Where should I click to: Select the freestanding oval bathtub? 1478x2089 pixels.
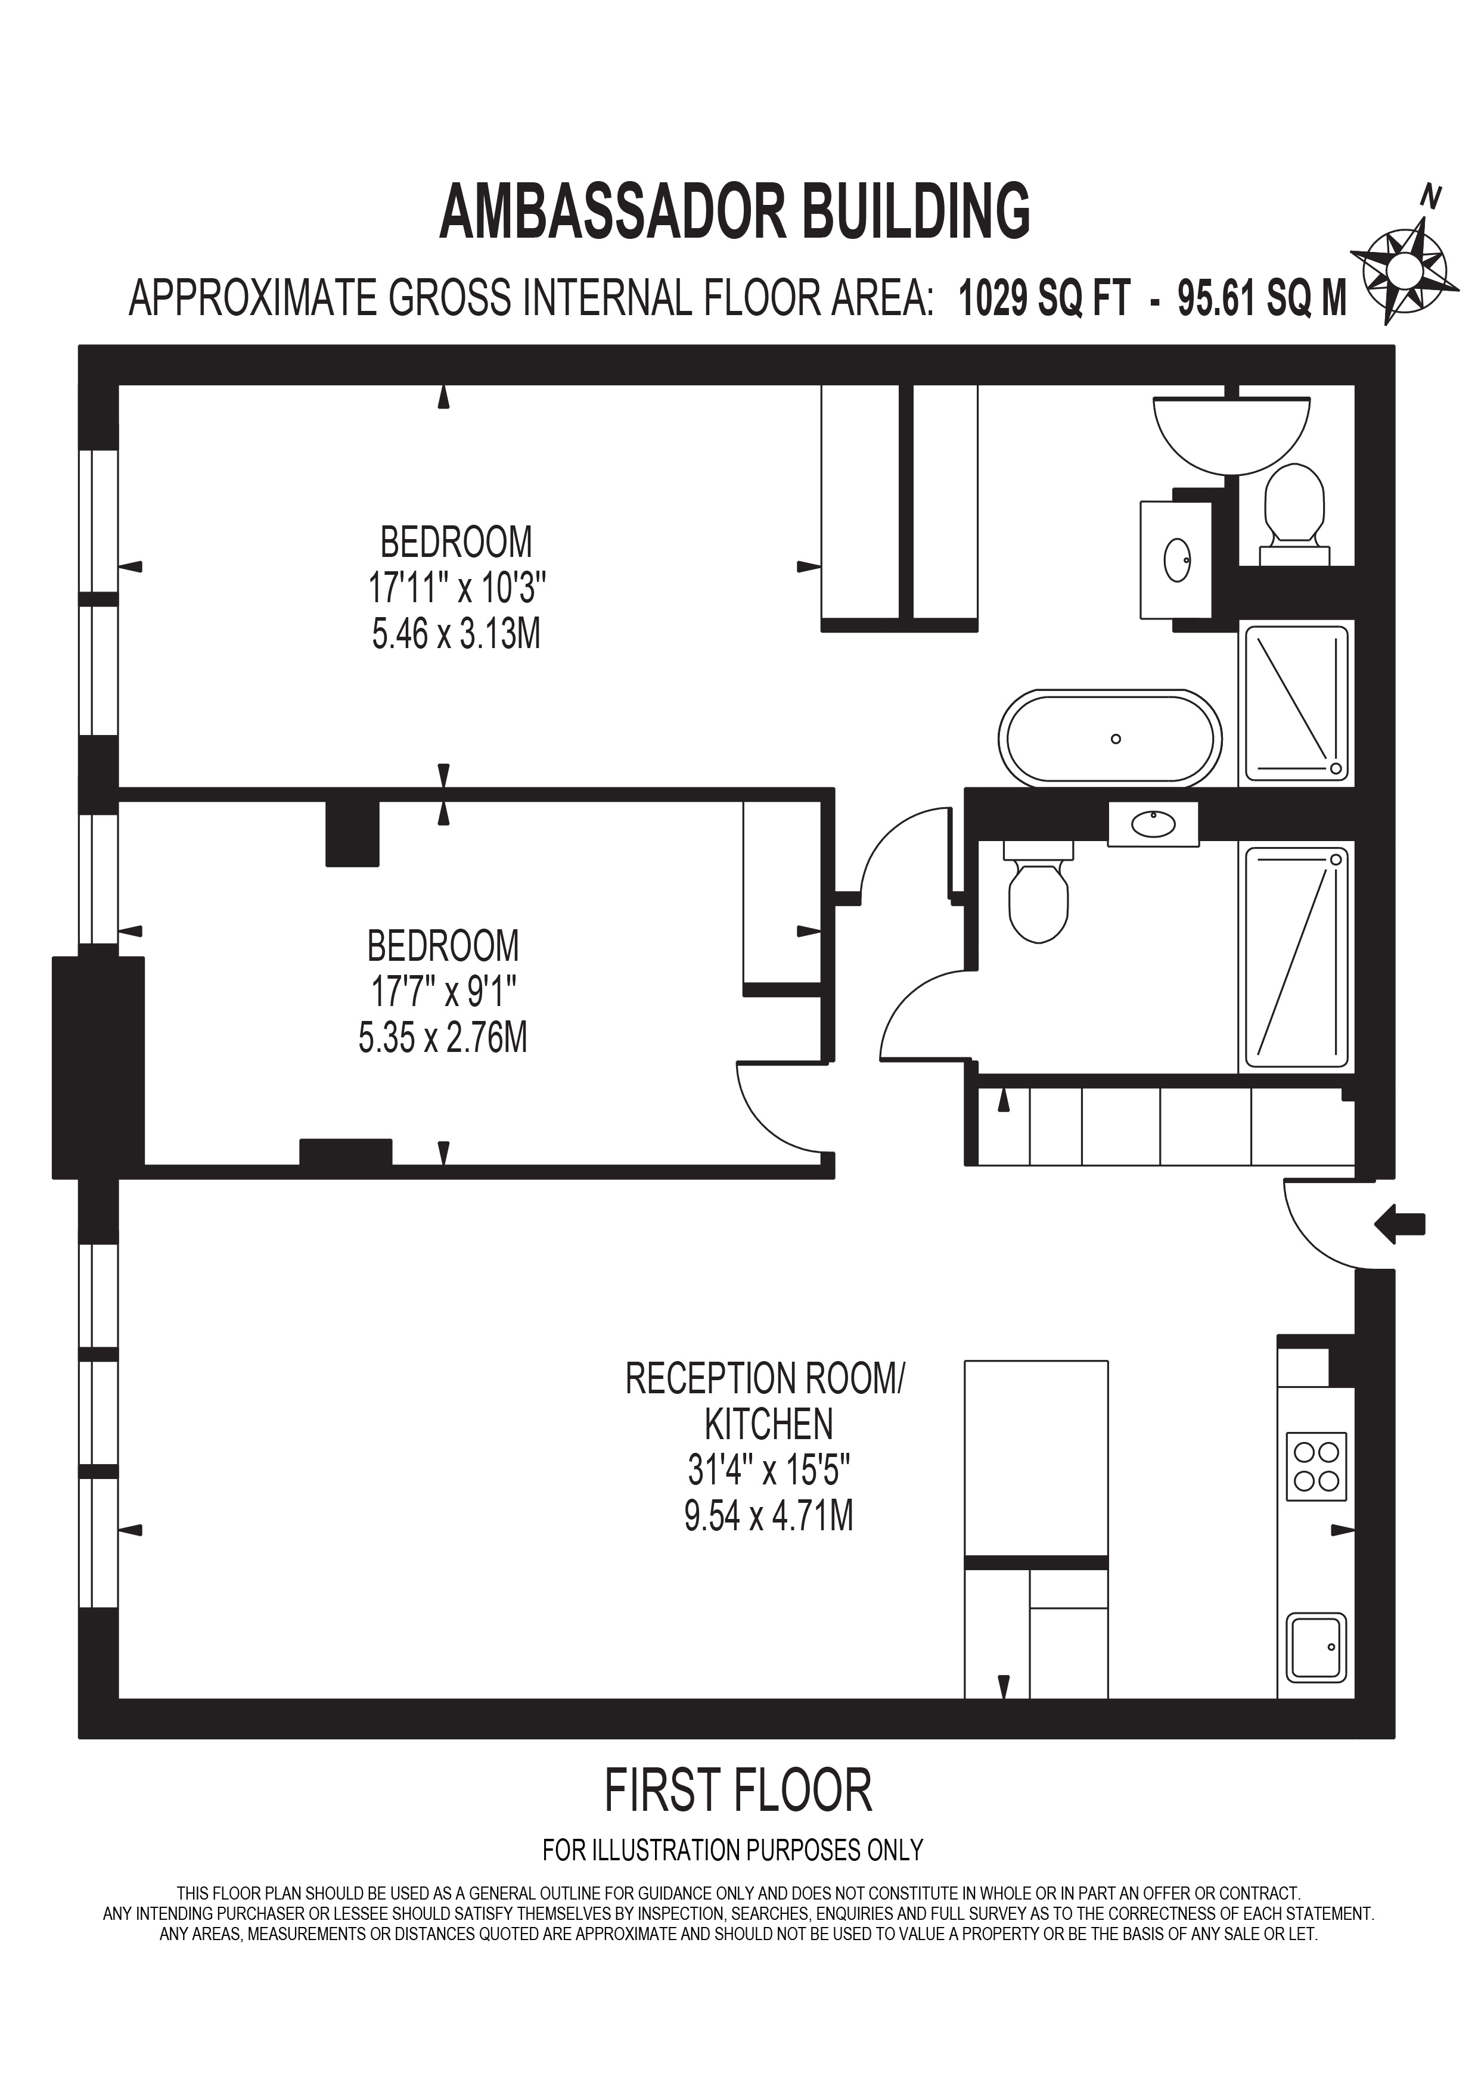point(1110,738)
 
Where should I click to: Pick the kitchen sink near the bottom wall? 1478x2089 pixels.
point(1316,1648)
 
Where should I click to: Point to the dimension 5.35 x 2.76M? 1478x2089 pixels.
point(443,1037)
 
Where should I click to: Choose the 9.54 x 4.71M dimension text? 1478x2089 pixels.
point(769,1516)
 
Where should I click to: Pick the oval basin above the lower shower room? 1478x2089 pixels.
point(1153,824)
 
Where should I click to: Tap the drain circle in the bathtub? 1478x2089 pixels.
point(1116,739)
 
